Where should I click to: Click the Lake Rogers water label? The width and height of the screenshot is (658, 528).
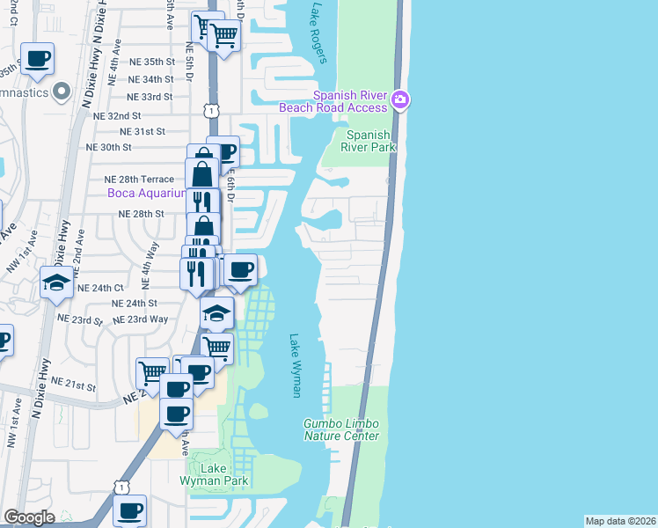[318, 33]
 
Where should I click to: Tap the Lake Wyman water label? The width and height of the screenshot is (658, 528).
[296, 365]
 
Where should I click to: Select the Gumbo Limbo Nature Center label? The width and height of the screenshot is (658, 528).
[341, 429]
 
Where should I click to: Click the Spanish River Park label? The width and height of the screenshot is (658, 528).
[368, 141]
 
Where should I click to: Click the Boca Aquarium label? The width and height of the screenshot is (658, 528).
[146, 194]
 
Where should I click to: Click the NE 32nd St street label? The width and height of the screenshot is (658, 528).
[117, 115]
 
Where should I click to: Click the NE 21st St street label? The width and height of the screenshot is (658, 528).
[73, 384]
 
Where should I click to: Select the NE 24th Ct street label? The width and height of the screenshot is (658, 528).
[101, 288]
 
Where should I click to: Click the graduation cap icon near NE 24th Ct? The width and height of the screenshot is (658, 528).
[56, 282]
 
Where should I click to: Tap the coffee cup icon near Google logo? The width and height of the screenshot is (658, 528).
[130, 510]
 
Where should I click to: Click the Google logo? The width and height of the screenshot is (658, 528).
[29, 517]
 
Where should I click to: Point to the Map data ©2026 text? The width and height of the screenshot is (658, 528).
[621, 521]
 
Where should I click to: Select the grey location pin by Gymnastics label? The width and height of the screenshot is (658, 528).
[62, 91]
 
